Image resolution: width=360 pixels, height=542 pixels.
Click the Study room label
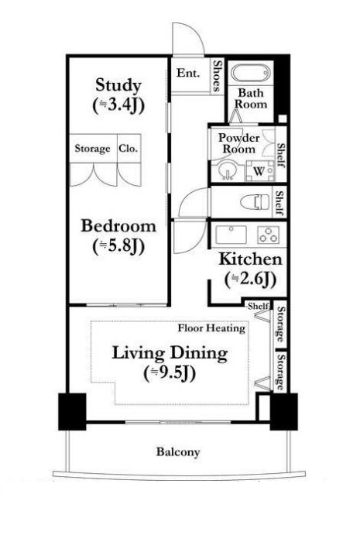(x=118, y=84)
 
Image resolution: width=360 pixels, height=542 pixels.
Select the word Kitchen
(x=249, y=259)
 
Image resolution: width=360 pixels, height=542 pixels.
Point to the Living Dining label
(x=170, y=354)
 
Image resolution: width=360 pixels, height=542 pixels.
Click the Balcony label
(x=178, y=452)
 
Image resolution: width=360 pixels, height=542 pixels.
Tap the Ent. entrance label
(x=188, y=74)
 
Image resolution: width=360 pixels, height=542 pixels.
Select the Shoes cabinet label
(x=218, y=76)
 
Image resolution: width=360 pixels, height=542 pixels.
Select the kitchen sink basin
(x=229, y=233)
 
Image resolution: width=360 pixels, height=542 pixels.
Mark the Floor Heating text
(x=211, y=328)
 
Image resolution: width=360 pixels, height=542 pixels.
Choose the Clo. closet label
(x=129, y=149)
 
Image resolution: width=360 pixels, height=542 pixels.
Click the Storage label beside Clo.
(x=92, y=149)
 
